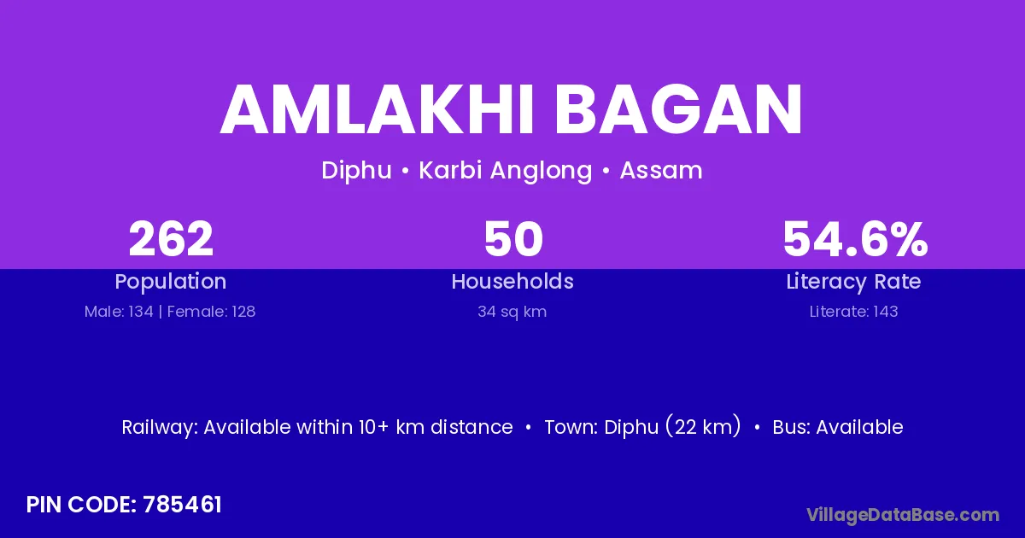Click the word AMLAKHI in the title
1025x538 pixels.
click(377, 109)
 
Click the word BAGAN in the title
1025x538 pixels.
click(679, 109)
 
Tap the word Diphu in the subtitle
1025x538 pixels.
click(356, 171)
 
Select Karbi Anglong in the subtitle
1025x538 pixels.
click(506, 171)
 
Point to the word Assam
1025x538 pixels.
click(661, 171)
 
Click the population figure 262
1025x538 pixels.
click(171, 239)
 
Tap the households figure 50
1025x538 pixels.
click(513, 239)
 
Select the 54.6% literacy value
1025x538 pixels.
click(855, 239)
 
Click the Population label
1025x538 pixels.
click(171, 282)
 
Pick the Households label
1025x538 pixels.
click(512, 281)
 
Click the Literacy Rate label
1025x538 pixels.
click(853, 282)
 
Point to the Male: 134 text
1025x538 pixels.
click(119, 312)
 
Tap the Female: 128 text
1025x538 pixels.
click(212, 312)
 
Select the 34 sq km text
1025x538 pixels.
click(512, 312)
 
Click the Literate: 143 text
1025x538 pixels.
click(854, 312)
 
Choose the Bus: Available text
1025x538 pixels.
click(838, 427)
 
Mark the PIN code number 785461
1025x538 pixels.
click(182, 505)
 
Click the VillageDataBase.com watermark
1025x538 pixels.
click(903, 516)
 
